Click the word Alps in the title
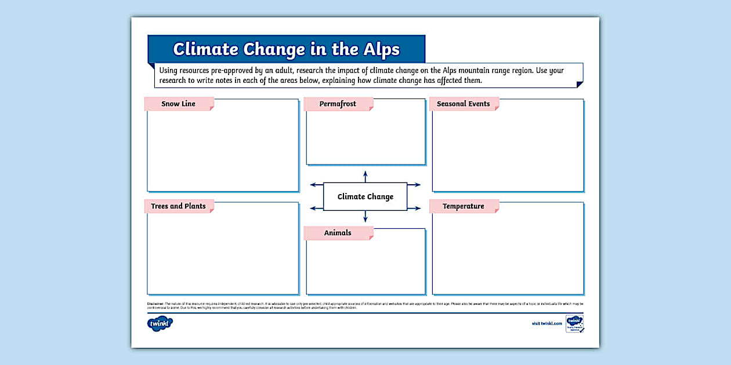379,49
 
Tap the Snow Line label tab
179,104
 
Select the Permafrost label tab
338,104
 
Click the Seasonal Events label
464,104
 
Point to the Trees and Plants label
179,206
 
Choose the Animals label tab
338,233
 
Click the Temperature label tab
464,206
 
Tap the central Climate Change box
365,197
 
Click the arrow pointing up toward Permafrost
365,176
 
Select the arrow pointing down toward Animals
365,217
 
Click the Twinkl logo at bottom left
160,323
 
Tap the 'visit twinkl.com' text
547,323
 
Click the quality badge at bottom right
574,324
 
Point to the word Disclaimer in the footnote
155,304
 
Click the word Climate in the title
206,49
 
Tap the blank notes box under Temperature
508,252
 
